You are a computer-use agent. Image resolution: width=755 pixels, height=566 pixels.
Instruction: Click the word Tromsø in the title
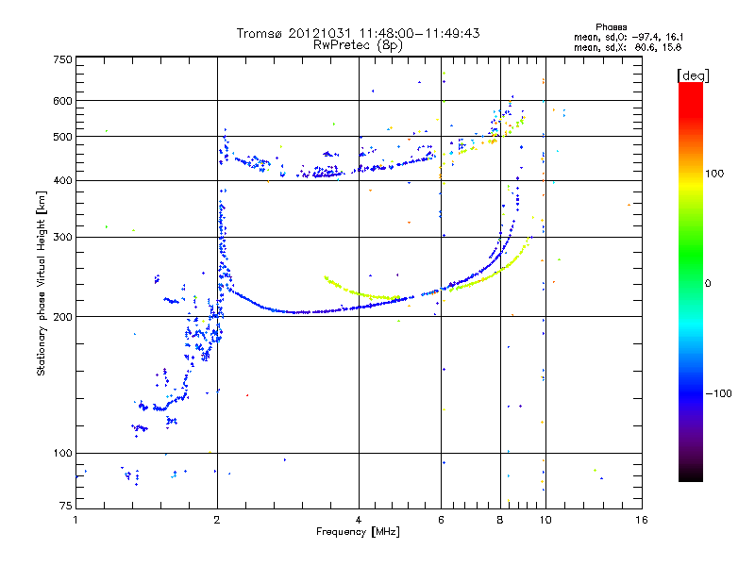(260, 33)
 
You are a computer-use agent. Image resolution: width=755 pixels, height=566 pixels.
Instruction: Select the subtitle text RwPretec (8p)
(358, 45)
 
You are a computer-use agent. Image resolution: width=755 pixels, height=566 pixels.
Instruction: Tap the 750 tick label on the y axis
(63, 59)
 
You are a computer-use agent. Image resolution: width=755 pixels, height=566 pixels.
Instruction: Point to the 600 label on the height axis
(63, 101)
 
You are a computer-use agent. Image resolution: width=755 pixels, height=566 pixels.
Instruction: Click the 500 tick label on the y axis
(63, 137)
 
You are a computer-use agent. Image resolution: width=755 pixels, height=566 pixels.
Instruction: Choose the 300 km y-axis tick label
(63, 238)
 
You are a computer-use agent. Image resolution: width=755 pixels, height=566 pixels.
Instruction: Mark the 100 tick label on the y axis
(63, 454)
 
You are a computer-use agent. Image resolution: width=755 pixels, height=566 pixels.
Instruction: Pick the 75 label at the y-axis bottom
(66, 506)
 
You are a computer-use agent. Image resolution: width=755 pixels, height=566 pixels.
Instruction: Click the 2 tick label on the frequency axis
(217, 520)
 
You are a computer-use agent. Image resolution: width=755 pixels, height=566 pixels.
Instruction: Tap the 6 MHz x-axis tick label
(441, 520)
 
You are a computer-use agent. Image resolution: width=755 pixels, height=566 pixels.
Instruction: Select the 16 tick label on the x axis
(642, 520)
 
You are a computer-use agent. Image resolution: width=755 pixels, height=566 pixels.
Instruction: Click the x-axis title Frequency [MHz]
(359, 532)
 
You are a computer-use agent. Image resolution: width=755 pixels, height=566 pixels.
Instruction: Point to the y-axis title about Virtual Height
(42, 284)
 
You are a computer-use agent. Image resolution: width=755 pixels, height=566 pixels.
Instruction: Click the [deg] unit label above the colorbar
(693, 75)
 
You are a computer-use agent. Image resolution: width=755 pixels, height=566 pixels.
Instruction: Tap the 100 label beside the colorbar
(714, 174)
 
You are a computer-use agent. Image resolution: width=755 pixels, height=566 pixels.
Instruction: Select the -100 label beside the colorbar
(719, 393)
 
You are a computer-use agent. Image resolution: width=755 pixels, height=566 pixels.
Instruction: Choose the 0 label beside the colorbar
(708, 284)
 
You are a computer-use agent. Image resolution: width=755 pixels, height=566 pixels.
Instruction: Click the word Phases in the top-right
(612, 27)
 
